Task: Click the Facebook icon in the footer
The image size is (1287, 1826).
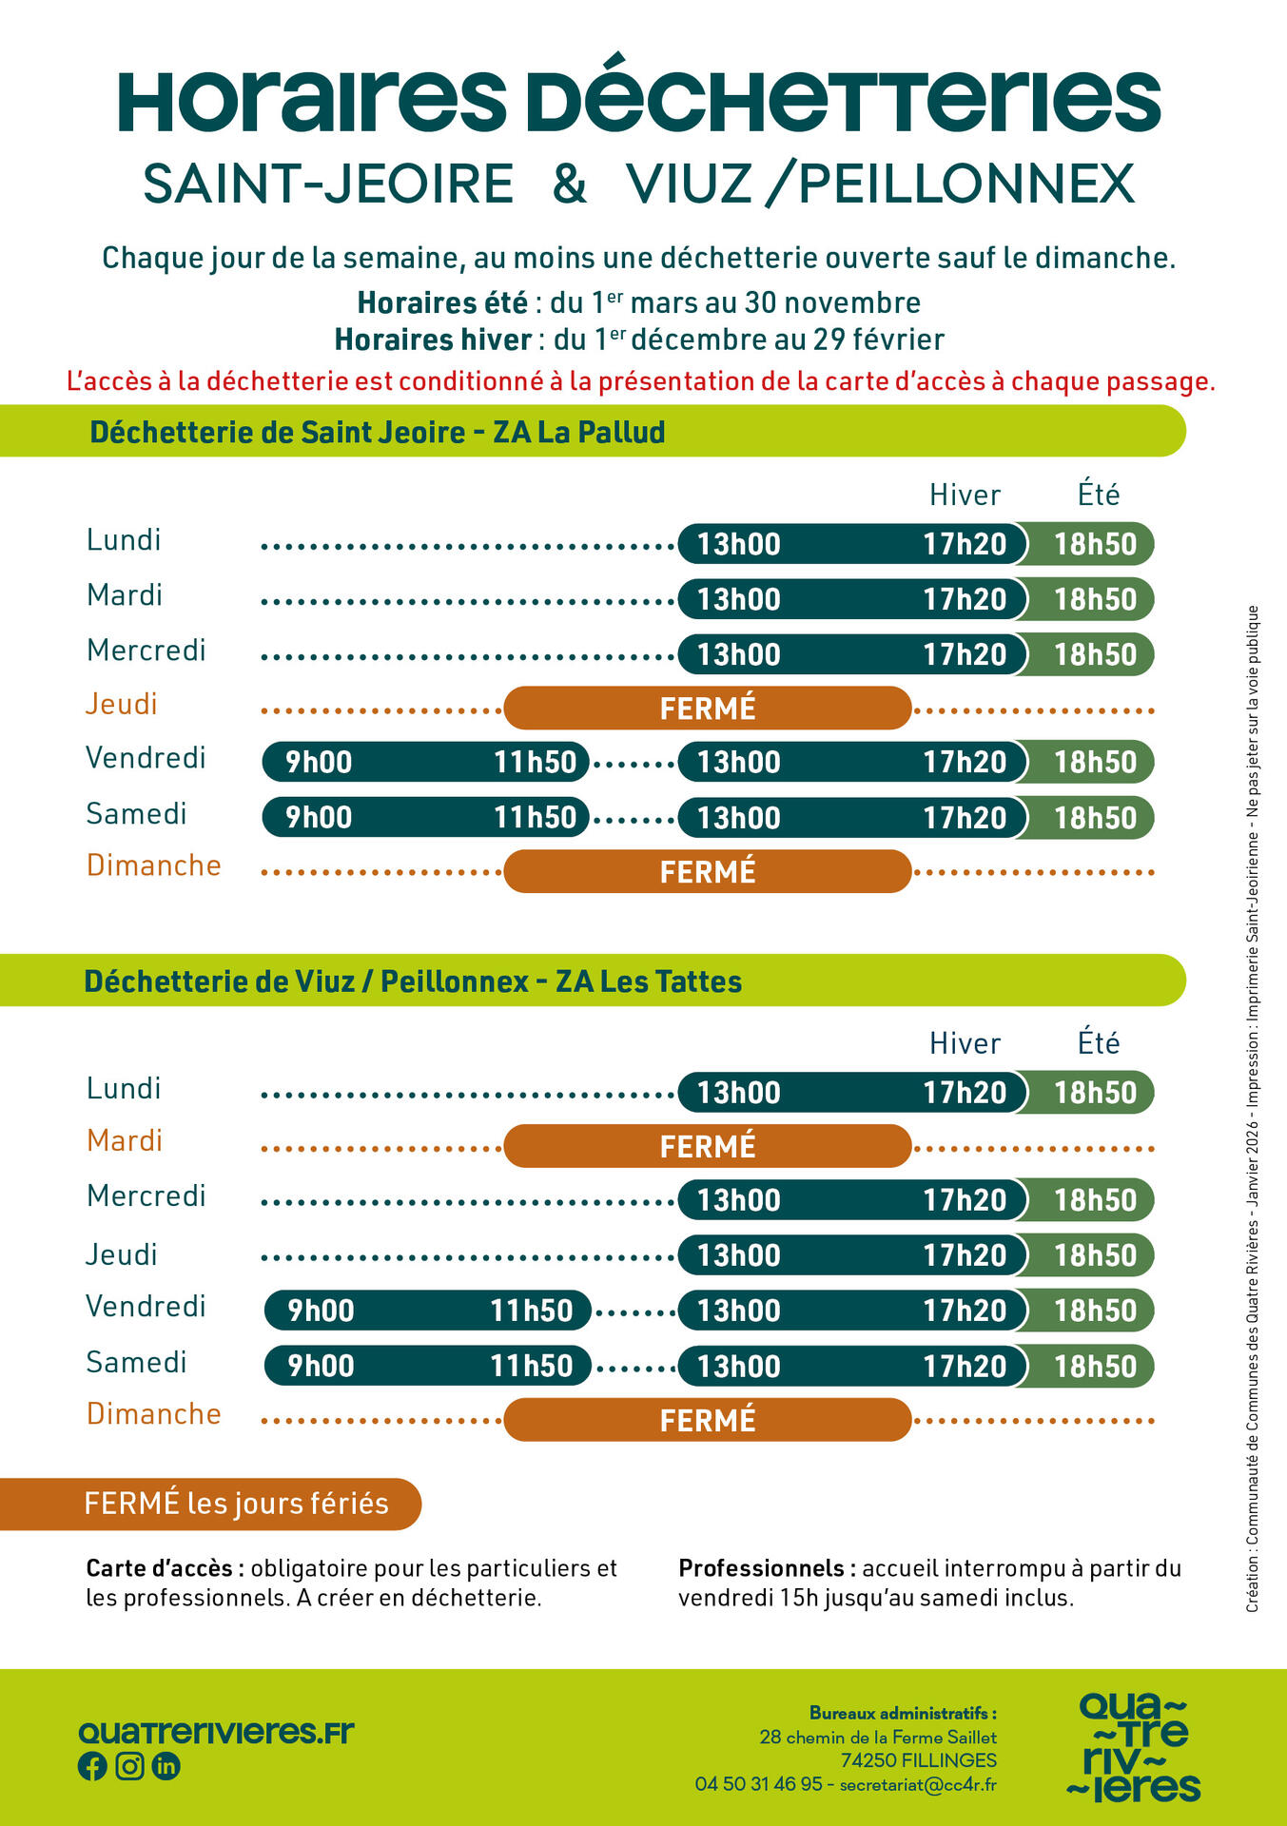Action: [92, 1766]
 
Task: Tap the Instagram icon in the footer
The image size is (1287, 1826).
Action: [129, 1766]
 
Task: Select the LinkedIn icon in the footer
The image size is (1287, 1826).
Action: [166, 1766]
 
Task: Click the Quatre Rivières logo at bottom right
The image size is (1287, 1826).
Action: [1134, 1747]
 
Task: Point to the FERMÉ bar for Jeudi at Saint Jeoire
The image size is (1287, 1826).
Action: [707, 709]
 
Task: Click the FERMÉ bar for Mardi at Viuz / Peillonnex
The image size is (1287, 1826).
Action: [707, 1146]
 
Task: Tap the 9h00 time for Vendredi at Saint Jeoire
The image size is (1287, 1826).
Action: [319, 763]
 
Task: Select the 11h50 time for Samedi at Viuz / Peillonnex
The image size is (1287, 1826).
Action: [531, 1367]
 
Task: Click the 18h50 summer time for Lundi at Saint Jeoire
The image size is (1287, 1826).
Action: [1095, 544]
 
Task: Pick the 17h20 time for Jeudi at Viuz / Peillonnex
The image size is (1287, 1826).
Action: [965, 1255]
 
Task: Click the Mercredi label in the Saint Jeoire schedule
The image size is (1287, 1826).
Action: [146, 651]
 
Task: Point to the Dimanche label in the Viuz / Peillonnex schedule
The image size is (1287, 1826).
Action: [154, 1414]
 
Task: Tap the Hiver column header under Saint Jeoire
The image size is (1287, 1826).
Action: [965, 495]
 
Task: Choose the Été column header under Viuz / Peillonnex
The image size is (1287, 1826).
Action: [1099, 1043]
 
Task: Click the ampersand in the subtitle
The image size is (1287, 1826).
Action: [570, 185]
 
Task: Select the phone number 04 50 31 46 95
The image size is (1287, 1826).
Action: [758, 1784]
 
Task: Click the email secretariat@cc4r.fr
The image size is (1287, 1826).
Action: [918, 1785]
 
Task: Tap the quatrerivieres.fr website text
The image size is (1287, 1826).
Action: [216, 1732]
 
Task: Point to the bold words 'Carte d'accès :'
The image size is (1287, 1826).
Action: [166, 1568]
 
